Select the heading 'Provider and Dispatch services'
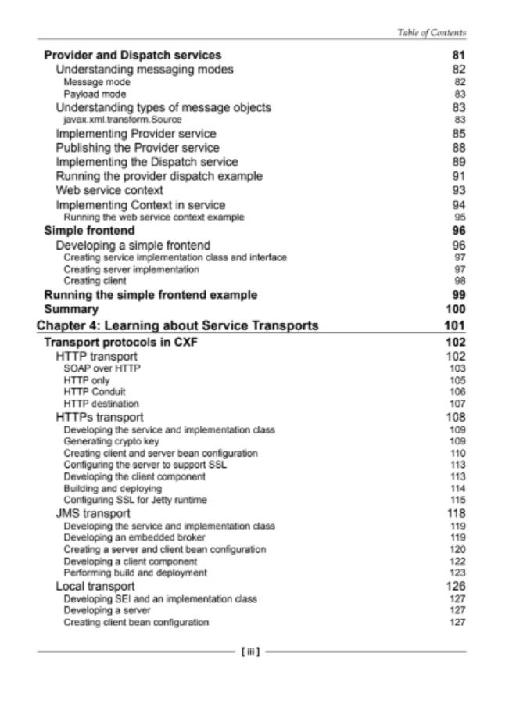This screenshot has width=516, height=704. click(x=133, y=55)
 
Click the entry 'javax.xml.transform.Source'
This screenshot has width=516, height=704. click(x=122, y=119)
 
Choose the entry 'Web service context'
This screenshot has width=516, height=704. click(x=109, y=190)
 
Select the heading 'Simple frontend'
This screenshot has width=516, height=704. click(x=89, y=231)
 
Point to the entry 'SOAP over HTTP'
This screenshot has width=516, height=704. click(x=102, y=367)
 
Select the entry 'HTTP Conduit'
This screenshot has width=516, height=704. click(x=95, y=391)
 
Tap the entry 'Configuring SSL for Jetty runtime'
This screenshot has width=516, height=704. click(x=135, y=500)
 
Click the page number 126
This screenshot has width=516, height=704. click(x=457, y=586)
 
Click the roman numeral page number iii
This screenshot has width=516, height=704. click(x=252, y=650)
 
